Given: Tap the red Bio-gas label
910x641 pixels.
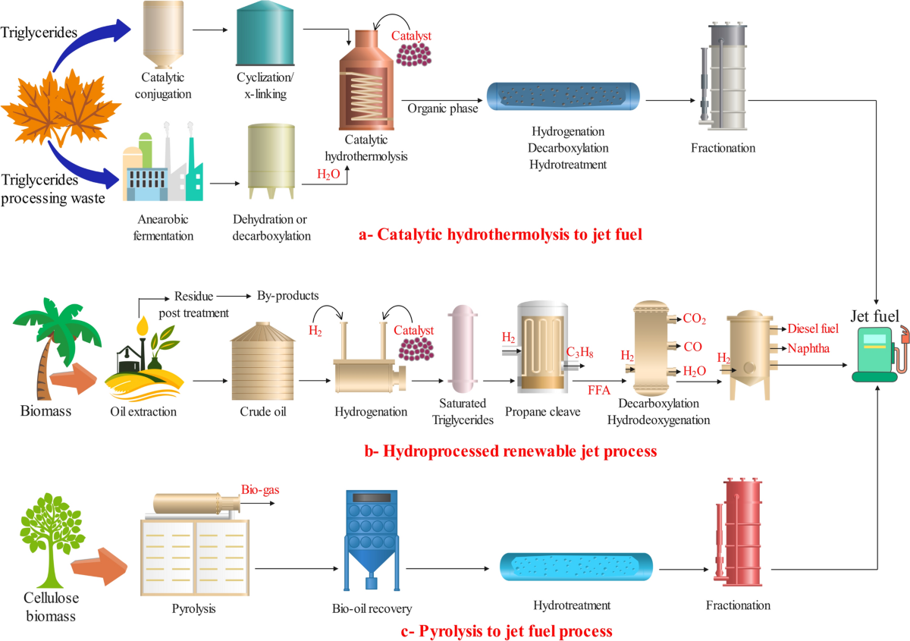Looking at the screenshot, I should (260, 489).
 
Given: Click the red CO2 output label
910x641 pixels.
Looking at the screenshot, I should (694, 319).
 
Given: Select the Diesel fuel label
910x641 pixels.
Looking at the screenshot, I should (814, 328).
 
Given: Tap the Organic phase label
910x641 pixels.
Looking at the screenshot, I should (443, 108).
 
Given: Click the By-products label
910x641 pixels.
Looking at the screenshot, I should (287, 295).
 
